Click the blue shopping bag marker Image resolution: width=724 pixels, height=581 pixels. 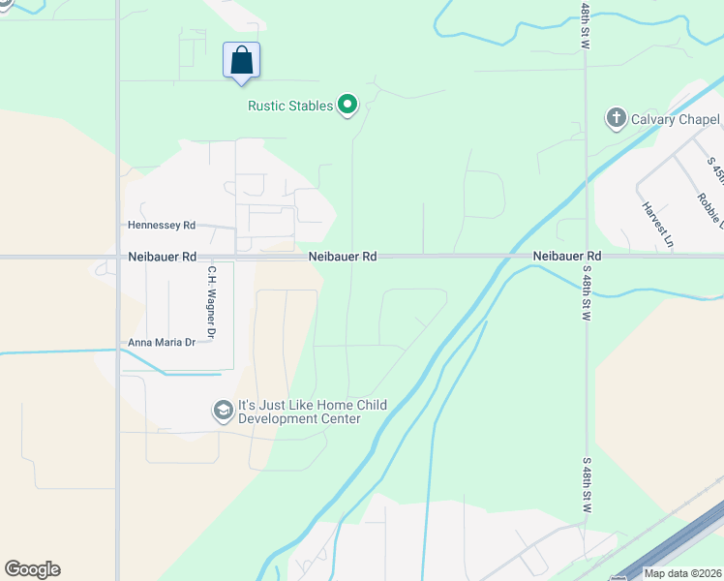click(x=242, y=60)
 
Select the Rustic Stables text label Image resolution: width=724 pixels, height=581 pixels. click(x=290, y=106)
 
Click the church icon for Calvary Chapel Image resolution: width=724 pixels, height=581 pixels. click(x=615, y=118)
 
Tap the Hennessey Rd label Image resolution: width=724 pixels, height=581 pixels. click(x=162, y=225)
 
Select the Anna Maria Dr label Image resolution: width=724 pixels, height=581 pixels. click(x=162, y=343)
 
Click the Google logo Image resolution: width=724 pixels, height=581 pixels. click(x=32, y=569)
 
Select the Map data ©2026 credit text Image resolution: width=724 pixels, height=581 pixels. click(x=683, y=573)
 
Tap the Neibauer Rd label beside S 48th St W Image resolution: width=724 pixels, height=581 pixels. click(x=567, y=256)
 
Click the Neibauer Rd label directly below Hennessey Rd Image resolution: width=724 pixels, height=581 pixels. click(x=162, y=257)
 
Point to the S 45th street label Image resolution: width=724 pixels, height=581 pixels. click(x=715, y=174)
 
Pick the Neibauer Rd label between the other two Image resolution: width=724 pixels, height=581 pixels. click(x=343, y=257)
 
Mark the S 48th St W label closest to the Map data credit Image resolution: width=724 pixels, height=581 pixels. click(x=586, y=485)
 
